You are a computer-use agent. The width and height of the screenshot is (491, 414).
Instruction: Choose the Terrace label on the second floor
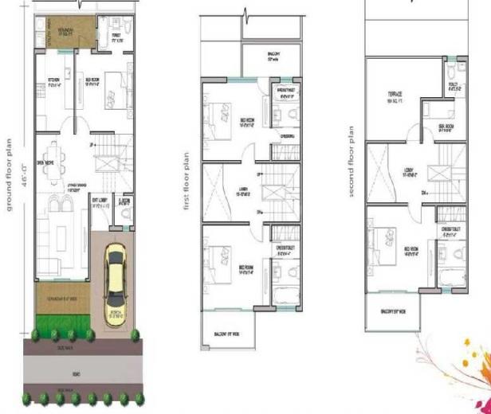click(390, 99)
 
